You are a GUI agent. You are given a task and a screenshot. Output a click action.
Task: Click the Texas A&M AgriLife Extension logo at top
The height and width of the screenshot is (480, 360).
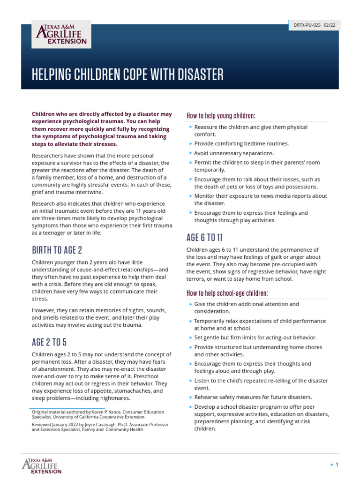click(61, 34)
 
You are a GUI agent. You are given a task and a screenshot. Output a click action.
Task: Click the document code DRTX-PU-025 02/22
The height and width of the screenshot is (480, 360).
click(314, 25)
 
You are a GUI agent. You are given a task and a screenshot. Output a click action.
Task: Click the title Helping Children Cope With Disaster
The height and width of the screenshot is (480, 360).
click(127, 74)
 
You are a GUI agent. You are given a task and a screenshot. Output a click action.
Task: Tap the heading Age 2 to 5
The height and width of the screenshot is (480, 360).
click(52, 342)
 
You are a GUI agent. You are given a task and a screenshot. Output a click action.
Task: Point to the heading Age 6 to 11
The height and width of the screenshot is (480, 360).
click(204, 237)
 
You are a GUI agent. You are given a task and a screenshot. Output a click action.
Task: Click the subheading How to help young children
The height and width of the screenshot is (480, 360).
click(221, 116)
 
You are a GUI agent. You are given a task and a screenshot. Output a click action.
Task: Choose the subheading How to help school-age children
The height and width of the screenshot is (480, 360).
click(227, 293)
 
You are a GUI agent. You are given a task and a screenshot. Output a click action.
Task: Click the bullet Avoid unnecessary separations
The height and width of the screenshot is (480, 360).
click(234, 153)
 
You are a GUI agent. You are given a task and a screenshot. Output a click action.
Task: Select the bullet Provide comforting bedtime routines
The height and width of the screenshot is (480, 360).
click(241, 143)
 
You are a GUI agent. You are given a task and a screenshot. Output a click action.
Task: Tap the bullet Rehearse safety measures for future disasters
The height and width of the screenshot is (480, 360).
click(253, 397)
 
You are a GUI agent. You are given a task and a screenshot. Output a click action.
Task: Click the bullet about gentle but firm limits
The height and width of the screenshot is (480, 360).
click(255, 337)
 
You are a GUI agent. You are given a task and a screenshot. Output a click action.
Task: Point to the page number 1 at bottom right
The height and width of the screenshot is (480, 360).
click(337, 465)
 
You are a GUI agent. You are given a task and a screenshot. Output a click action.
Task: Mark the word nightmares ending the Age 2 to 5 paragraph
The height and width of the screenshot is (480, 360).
click(113, 398)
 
